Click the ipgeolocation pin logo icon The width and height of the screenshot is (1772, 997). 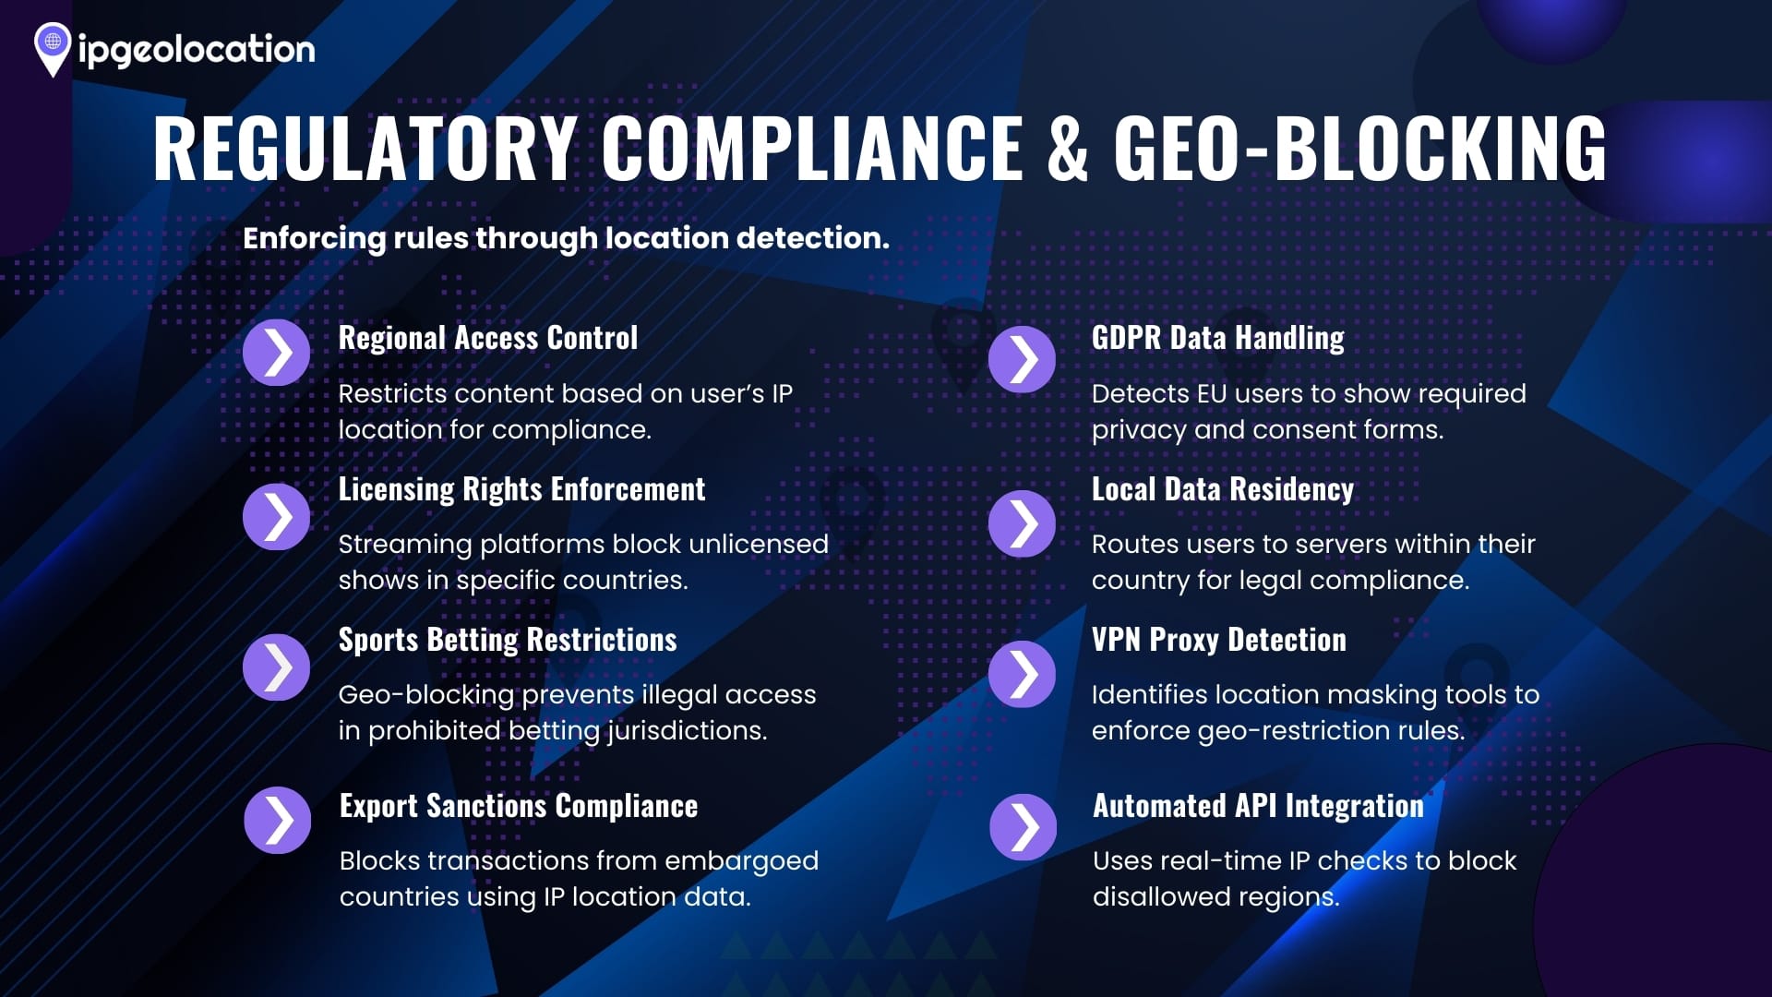tap(53, 49)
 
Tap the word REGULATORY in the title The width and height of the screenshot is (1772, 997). tap(365, 148)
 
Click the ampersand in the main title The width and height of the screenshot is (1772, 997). tap(1068, 148)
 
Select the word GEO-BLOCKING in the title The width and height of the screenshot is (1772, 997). tap(1360, 148)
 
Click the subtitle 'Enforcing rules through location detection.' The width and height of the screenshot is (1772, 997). tap(566, 238)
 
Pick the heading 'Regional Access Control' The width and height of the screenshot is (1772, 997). tap(488, 338)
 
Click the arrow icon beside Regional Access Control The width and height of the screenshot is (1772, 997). tap(277, 353)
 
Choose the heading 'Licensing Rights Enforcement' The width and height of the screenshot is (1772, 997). tap(521, 489)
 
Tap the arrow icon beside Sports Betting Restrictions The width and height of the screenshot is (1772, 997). tap(277, 667)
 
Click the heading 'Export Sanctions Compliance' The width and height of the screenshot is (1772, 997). tap(519, 806)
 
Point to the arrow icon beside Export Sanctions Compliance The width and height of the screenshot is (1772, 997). tap(278, 820)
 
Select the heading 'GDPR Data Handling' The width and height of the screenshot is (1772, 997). tap(1218, 338)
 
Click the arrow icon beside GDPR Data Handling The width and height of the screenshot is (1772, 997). tap(1022, 359)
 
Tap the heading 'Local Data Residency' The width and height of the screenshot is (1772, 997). tap(1223, 489)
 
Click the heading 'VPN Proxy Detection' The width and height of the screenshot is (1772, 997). tap(1219, 640)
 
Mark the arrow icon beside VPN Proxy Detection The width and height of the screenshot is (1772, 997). tap(1022, 674)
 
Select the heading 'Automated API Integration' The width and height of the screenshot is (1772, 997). tap(1259, 806)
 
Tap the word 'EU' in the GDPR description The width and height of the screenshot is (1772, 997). tap(1211, 394)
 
